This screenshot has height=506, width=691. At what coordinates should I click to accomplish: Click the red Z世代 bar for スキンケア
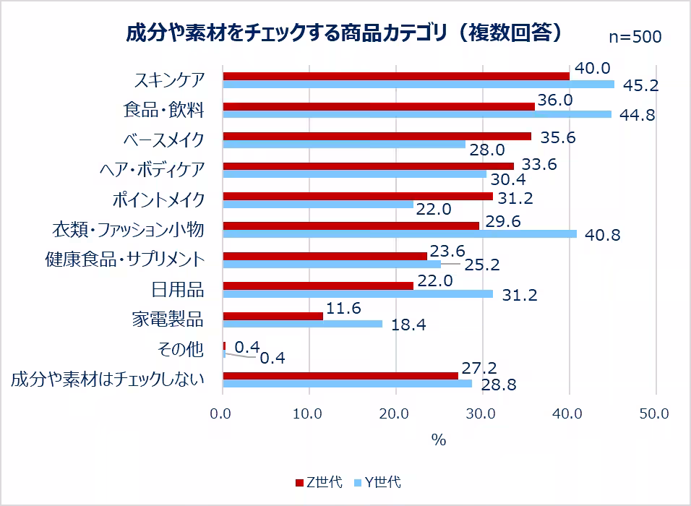396,76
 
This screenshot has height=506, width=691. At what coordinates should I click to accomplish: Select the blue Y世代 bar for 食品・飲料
417,114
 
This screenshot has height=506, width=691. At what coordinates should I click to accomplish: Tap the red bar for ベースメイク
377,136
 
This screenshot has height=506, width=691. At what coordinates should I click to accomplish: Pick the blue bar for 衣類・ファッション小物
400,233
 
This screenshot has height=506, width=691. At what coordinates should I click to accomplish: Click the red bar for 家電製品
273,316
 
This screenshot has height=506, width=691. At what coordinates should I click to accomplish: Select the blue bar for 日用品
358,293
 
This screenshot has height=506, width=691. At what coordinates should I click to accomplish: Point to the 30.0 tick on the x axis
481,414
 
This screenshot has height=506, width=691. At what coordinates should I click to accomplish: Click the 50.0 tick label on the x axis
655,414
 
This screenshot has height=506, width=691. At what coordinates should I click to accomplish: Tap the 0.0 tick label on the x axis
223,414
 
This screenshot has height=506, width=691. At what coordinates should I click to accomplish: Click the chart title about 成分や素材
345,33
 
